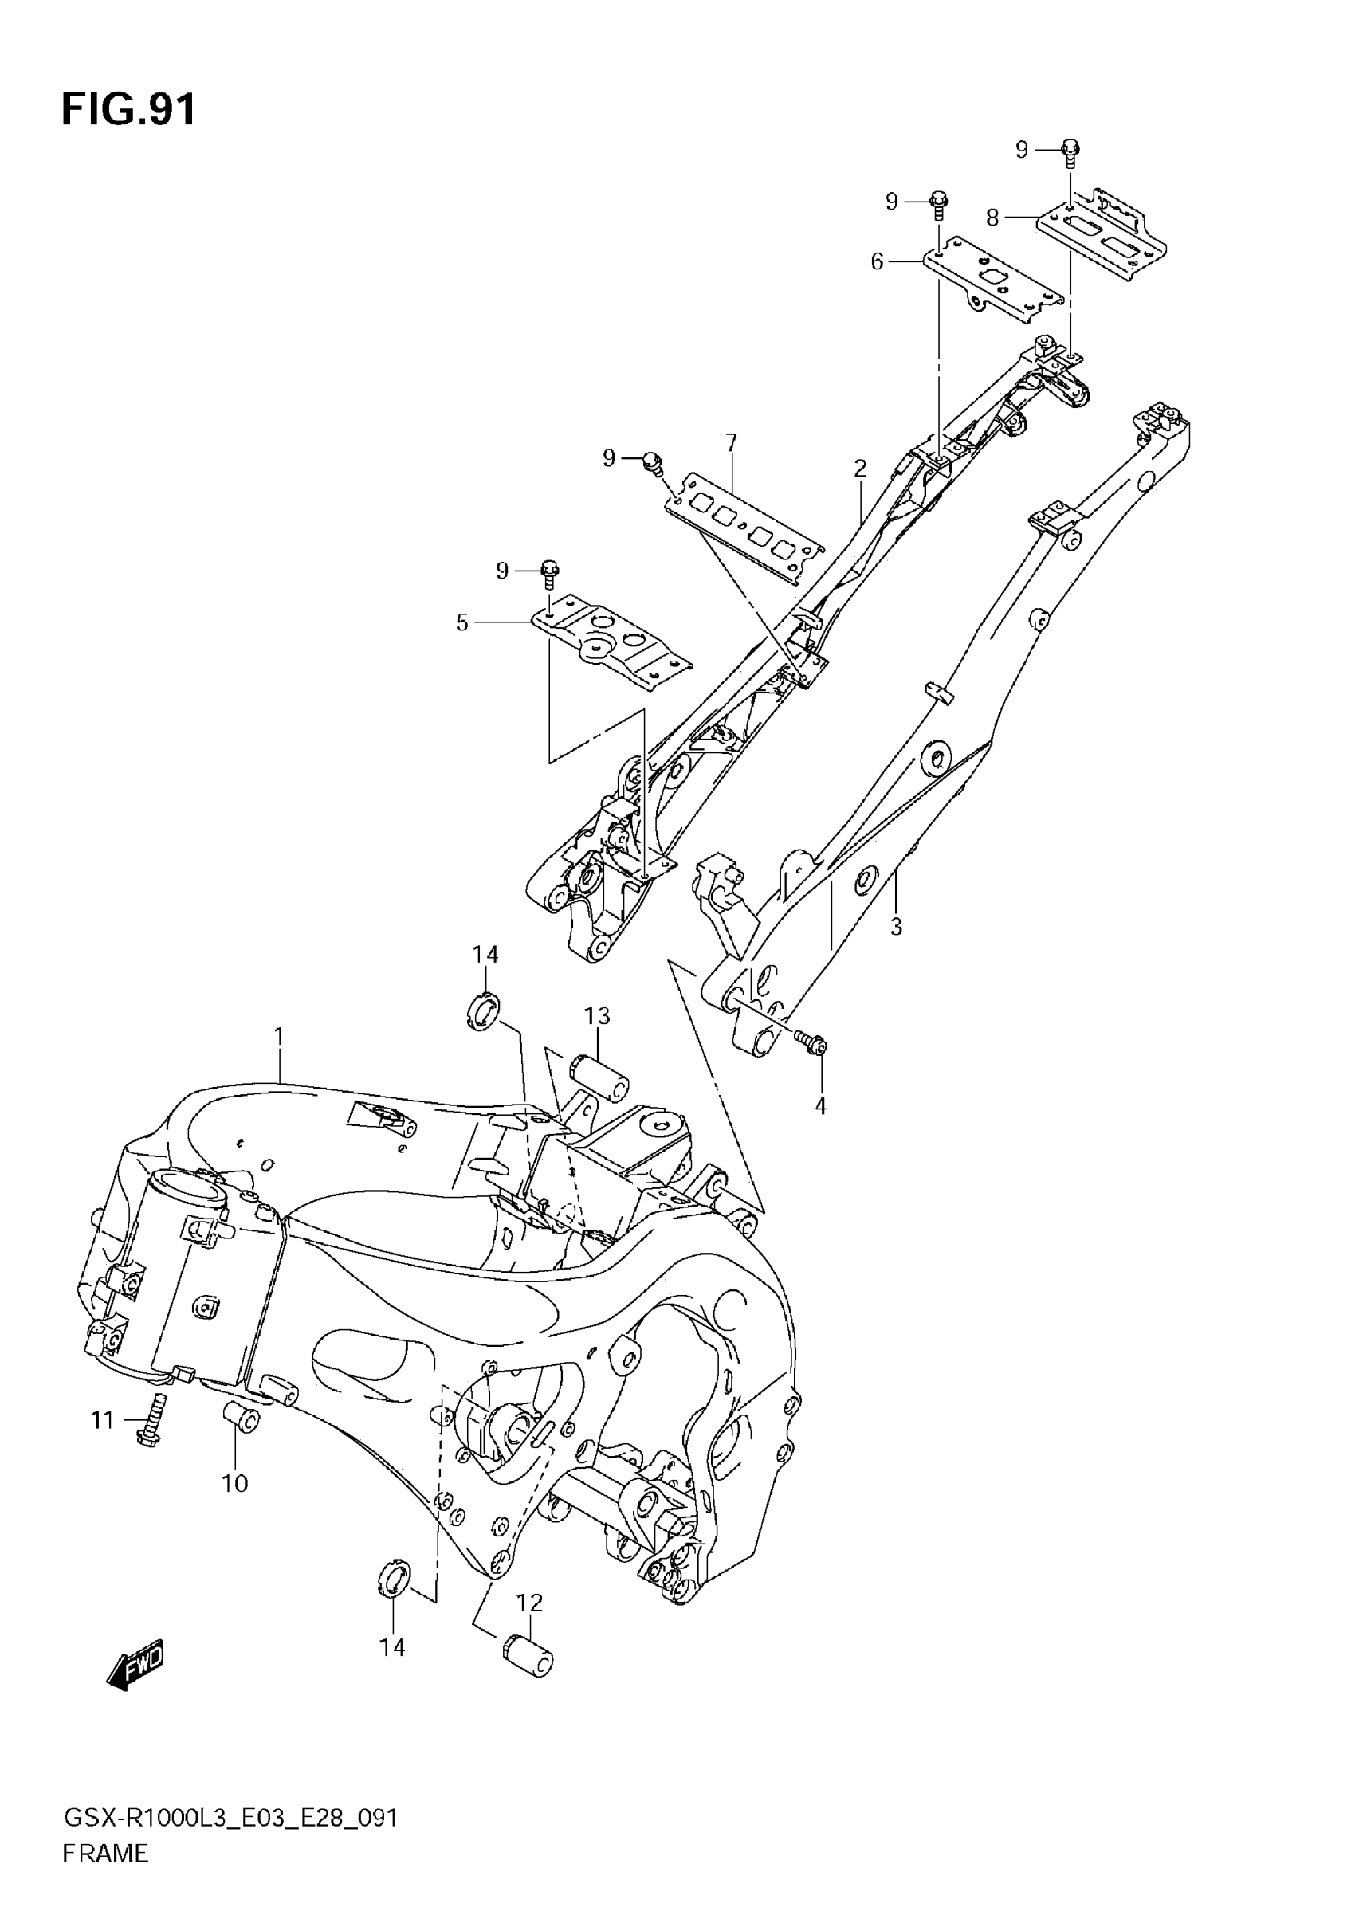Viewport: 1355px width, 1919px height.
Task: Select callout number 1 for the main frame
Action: pyautogui.click(x=279, y=1038)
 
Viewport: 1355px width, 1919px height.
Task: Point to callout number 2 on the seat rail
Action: pyautogui.click(x=860, y=468)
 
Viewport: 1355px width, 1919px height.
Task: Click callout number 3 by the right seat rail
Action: pyautogui.click(x=896, y=926)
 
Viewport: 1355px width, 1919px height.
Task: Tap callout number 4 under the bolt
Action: pyautogui.click(x=821, y=1106)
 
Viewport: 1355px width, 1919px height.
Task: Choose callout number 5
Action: pyautogui.click(x=462, y=622)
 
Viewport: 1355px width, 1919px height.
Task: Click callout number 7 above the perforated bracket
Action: pyautogui.click(x=732, y=442)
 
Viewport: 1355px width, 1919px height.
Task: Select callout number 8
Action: pyautogui.click(x=992, y=218)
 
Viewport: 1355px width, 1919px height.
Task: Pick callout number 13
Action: pyautogui.click(x=597, y=1015)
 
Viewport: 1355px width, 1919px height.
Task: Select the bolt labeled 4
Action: pyautogui.click(x=811, y=1042)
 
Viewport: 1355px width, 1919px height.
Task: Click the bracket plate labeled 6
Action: pyautogui.click(x=992, y=285)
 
